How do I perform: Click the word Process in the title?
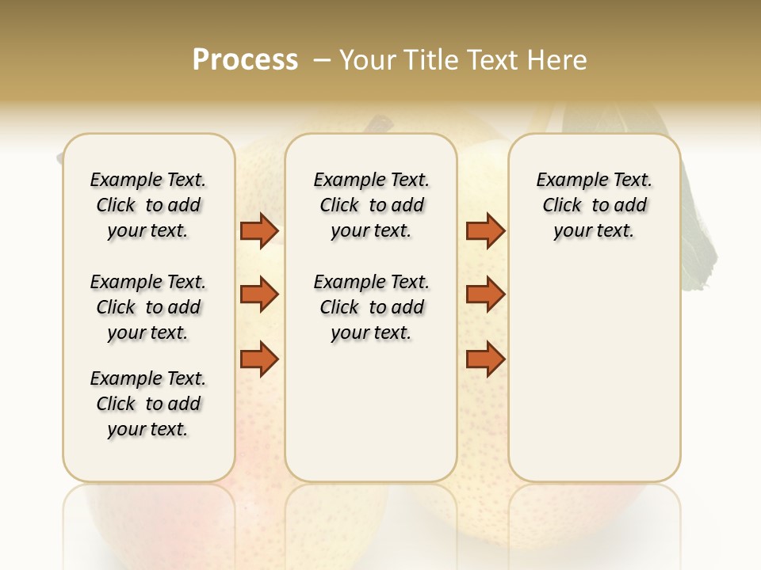point(245,60)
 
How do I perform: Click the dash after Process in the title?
point(321,61)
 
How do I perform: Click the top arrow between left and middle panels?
point(259,231)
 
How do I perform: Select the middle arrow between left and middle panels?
point(259,294)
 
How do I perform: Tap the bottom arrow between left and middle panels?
point(259,358)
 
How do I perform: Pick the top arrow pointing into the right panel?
point(485,231)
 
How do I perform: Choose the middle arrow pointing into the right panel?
point(485,294)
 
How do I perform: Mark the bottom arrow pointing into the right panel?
point(485,358)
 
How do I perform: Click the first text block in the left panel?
point(148,205)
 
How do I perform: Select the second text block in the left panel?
point(148,307)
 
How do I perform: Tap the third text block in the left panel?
point(148,404)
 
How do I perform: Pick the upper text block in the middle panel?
point(371,205)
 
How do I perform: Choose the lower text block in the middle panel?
point(371,307)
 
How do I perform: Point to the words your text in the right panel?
point(594,230)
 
